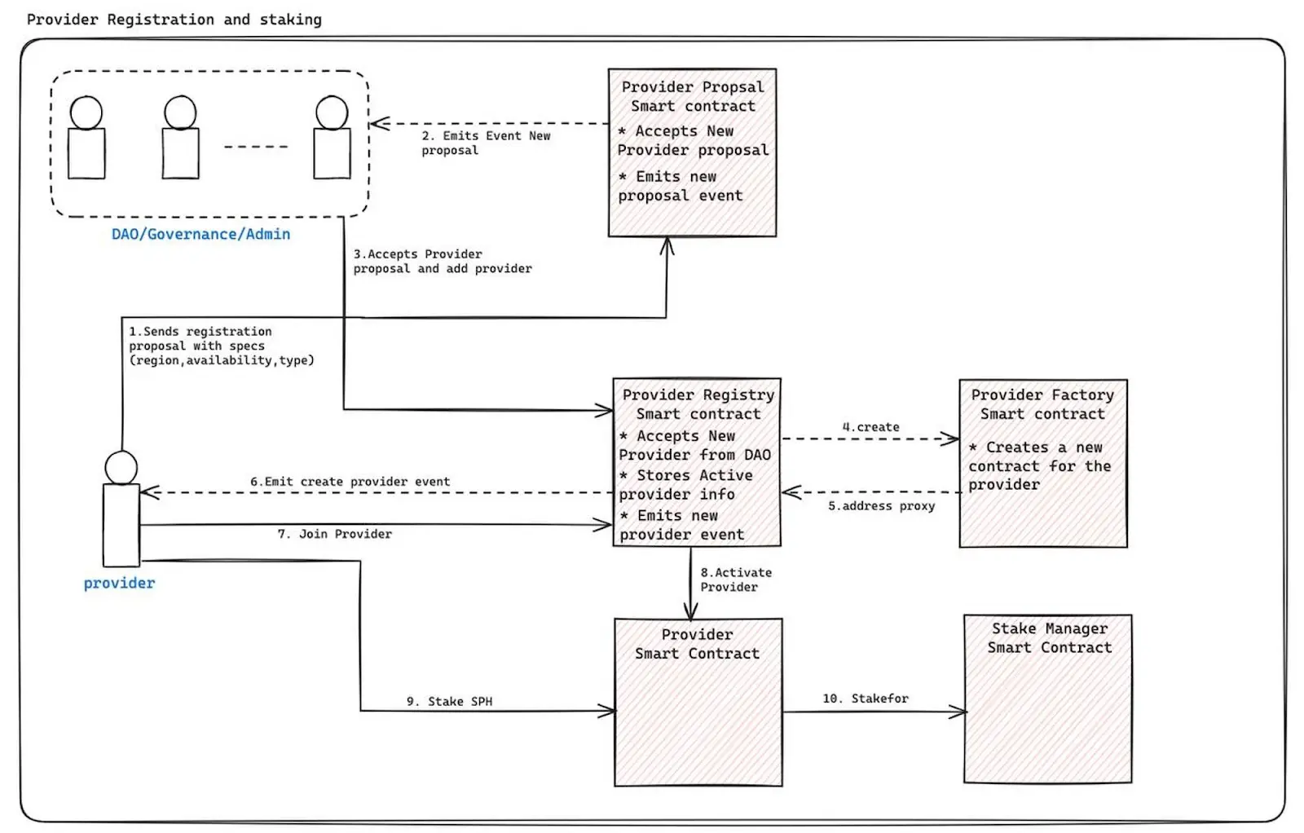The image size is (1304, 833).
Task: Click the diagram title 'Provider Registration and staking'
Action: (x=174, y=20)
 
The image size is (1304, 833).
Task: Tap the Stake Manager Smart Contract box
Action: (x=1047, y=699)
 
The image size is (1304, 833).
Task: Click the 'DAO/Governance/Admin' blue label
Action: (x=200, y=235)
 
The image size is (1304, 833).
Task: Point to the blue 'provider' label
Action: (x=119, y=584)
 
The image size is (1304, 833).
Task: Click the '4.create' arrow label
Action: (x=870, y=427)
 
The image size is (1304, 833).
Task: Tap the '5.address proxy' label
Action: (x=881, y=506)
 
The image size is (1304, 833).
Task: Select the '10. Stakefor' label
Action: (x=865, y=699)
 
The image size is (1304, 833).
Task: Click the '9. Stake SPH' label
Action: (x=449, y=702)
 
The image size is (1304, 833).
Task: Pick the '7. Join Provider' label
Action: (x=334, y=534)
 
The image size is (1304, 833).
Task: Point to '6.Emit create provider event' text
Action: (x=350, y=482)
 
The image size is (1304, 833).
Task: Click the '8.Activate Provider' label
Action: (x=735, y=580)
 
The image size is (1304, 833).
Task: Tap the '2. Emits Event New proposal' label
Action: (x=485, y=143)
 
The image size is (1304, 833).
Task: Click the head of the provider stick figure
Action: (x=121, y=468)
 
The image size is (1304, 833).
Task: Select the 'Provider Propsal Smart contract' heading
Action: (x=693, y=96)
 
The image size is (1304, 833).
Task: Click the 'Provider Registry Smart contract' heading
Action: (x=698, y=404)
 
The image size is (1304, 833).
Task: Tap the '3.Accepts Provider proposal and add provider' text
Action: (x=442, y=262)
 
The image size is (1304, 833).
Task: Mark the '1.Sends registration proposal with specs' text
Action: (x=221, y=346)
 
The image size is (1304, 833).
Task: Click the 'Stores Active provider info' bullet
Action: (x=685, y=485)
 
